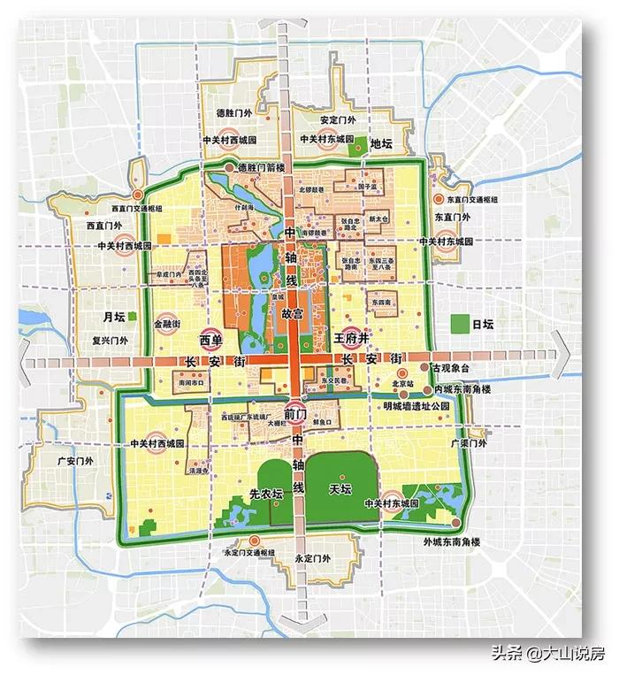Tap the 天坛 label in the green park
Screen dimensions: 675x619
point(340,488)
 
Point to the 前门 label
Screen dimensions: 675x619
point(296,413)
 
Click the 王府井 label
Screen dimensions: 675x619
point(350,339)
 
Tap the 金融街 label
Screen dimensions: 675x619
point(170,325)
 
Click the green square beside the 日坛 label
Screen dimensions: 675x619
point(459,325)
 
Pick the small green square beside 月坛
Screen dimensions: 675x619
point(132,316)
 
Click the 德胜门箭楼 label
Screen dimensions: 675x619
point(259,168)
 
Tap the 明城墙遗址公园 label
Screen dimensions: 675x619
point(423,405)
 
